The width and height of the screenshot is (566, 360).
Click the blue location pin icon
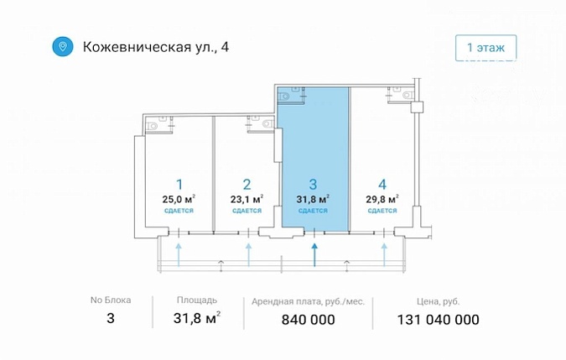tap(62, 47)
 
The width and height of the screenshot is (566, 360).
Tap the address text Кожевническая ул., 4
tap(156, 47)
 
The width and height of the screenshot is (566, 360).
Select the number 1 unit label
tap(179, 185)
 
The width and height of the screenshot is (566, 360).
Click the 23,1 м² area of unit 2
tap(247, 199)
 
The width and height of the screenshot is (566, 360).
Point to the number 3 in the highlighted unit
tap(313, 185)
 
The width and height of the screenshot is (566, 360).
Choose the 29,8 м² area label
tap(382, 199)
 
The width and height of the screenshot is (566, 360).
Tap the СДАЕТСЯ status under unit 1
tap(179, 211)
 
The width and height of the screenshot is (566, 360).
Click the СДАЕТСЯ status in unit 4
tap(382, 211)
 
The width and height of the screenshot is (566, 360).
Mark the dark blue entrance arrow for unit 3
tap(314, 255)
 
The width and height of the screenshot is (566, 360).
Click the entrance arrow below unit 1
tap(179, 255)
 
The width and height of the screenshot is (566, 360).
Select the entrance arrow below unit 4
tap(384, 255)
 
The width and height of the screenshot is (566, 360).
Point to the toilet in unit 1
tap(152, 127)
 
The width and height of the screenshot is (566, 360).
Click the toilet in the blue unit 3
tap(284, 96)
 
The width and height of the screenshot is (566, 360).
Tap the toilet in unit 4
tap(408, 96)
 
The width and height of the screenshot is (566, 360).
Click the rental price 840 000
tap(309, 320)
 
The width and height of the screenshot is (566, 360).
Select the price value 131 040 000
tap(439, 320)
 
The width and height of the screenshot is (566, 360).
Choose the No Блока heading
tap(111, 300)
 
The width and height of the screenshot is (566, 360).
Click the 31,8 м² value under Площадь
tap(197, 318)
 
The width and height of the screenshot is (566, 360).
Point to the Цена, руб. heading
tap(439, 301)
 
